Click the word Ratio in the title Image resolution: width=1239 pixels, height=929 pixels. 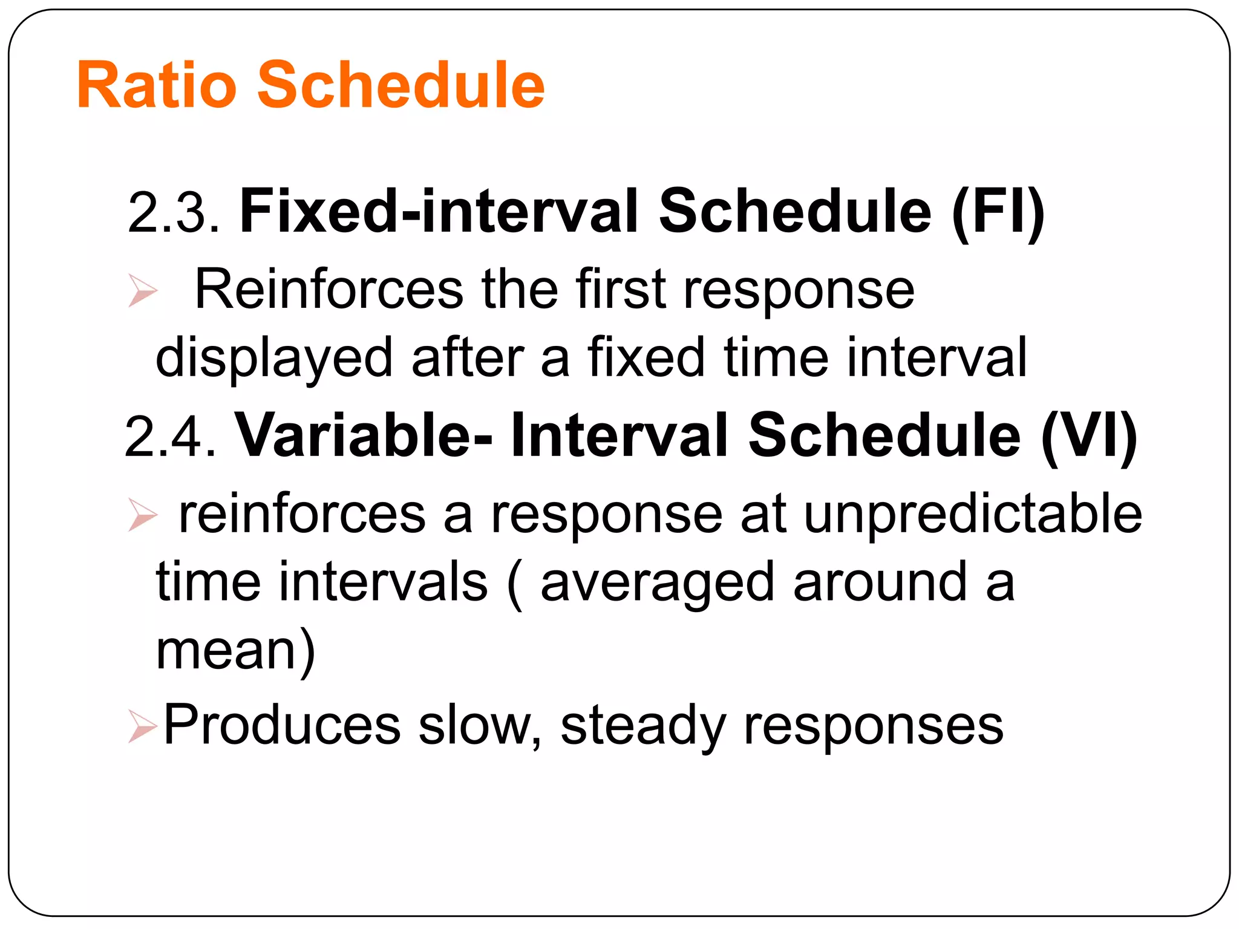click(156, 86)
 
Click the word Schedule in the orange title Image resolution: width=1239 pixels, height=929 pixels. click(400, 86)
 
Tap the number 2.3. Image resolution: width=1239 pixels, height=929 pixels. click(174, 212)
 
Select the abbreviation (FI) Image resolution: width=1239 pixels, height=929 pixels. click(998, 212)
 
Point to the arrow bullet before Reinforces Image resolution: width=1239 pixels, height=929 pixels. click(143, 290)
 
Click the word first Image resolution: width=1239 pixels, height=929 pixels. click(621, 290)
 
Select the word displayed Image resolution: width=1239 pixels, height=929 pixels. click(274, 358)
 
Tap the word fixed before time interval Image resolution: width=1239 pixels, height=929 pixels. click(646, 358)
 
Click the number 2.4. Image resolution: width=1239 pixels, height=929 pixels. click(170, 436)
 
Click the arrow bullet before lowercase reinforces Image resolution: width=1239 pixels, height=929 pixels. click(143, 515)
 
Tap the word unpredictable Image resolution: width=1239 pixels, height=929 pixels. click(972, 515)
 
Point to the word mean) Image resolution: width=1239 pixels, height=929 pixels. click(235, 651)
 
